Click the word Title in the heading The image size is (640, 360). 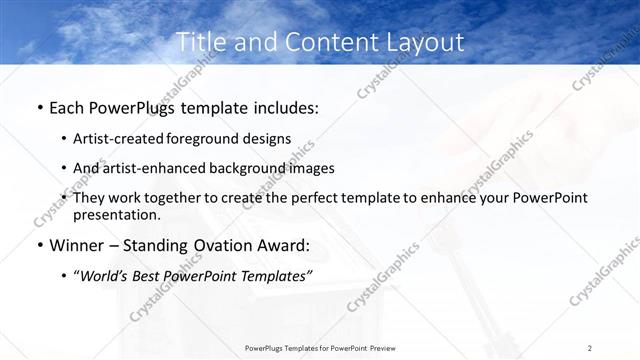(x=197, y=42)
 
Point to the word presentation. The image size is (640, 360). (x=117, y=214)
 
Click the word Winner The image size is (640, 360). (x=78, y=245)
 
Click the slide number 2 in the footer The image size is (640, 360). (x=590, y=348)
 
